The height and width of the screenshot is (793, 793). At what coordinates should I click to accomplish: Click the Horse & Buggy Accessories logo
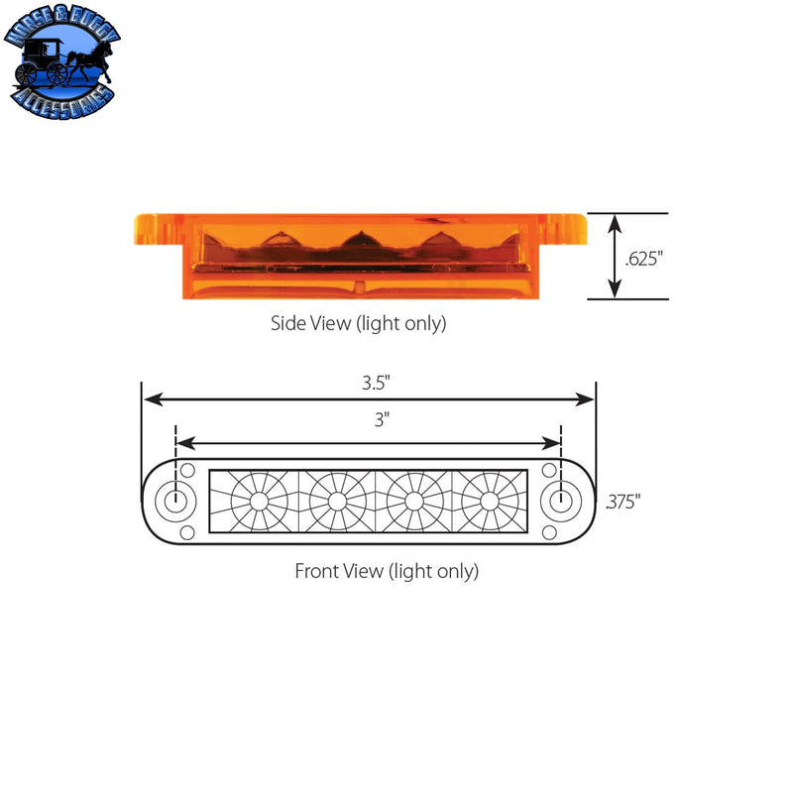pos(63,67)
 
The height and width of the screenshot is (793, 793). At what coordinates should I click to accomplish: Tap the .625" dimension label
pos(644,258)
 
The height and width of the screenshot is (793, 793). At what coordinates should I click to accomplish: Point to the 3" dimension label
pos(381,419)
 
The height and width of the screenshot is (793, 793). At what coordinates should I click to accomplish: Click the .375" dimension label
pos(623,502)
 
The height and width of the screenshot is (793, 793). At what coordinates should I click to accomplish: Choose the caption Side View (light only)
pos(358,323)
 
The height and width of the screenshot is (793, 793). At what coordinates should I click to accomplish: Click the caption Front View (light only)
pos(387,571)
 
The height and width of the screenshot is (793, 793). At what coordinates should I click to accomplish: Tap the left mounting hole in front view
pos(175,501)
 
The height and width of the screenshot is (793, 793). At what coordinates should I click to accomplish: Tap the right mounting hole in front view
pos(561,501)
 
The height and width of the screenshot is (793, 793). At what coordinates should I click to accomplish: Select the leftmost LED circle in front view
pos(260,502)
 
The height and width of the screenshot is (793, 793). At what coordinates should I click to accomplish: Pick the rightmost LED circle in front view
pos(489,502)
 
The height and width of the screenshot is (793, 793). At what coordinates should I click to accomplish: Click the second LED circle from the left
pos(336,502)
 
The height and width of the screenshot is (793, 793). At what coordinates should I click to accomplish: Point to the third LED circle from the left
pos(412,502)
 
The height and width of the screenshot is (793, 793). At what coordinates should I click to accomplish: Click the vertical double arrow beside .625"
pos(615,256)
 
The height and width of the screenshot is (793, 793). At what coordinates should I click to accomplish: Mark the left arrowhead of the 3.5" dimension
pos(152,398)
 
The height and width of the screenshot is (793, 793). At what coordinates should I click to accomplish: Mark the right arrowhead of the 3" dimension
pos(555,443)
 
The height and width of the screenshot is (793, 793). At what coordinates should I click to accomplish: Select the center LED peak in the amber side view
pos(358,240)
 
